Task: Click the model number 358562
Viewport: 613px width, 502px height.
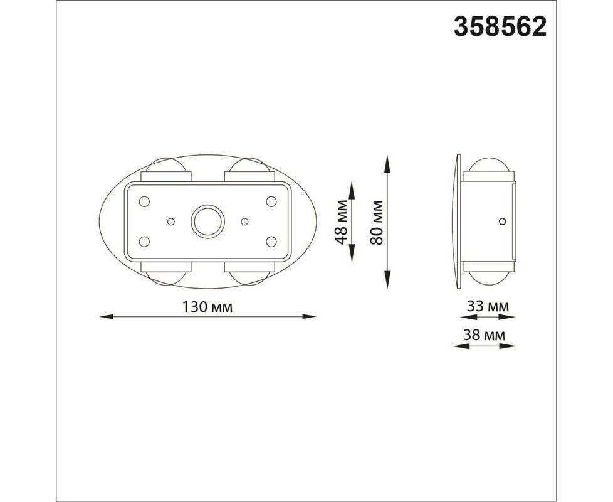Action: [500, 27]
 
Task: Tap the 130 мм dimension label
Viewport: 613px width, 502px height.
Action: [207, 307]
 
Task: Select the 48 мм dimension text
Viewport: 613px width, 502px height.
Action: [341, 222]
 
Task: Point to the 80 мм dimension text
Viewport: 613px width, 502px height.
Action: [377, 223]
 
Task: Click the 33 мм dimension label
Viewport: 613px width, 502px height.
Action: [488, 306]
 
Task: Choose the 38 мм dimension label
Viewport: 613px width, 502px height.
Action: [485, 335]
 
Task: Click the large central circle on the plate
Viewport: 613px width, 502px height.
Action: [207, 221]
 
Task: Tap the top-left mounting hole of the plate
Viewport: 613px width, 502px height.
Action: [144, 201]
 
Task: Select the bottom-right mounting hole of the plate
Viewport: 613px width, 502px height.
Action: [271, 242]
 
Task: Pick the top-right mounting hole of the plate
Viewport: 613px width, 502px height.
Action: [271, 201]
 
